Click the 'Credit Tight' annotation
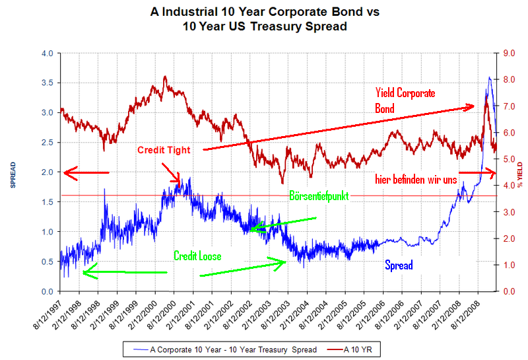tap(164, 150)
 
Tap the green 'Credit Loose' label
tap(197, 256)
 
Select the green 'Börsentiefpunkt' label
tap(319, 196)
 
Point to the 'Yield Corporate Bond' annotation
tap(405, 100)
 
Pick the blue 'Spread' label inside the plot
tap(399, 265)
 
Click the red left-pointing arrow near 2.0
tap(86, 172)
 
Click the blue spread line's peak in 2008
tap(489, 77)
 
